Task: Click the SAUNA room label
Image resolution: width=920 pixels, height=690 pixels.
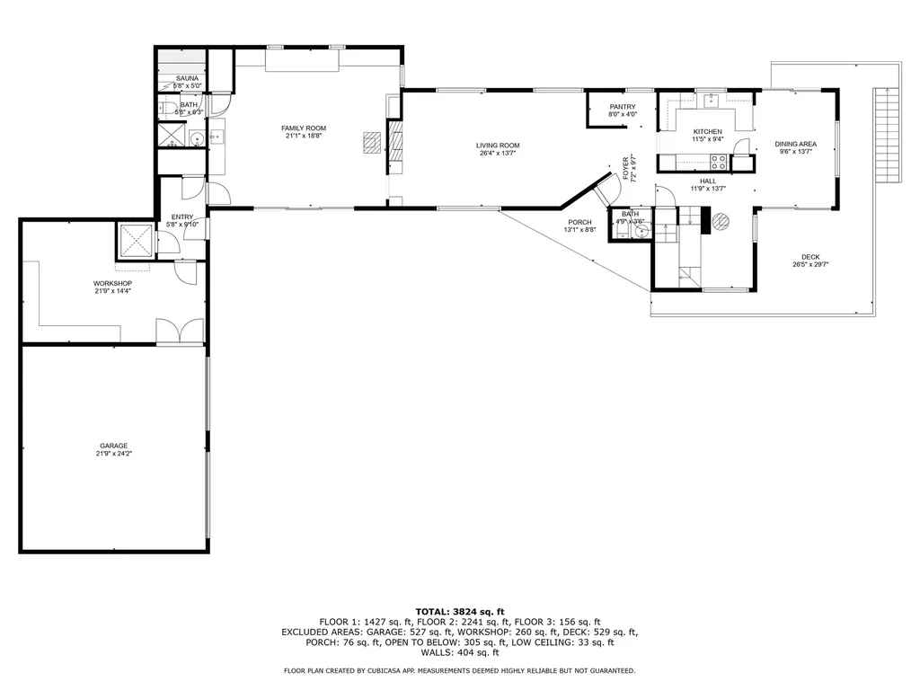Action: [187, 78]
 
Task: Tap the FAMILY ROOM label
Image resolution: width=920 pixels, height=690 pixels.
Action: [305, 128]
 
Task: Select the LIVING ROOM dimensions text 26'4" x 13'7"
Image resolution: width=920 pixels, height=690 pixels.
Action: [498, 154]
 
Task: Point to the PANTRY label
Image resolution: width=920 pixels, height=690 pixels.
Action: [623, 107]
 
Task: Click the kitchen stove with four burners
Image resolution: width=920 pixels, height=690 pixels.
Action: [719, 163]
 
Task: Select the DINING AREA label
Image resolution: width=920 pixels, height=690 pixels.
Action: [795, 144]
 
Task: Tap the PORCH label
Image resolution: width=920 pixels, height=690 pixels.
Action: [579, 222]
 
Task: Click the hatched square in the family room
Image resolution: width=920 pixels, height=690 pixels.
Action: [372, 143]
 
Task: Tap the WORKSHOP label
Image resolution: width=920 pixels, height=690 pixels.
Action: [112, 283]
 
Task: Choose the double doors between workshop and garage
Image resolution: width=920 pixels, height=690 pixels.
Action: [181, 332]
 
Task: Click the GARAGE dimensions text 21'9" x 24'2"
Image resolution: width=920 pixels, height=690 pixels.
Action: [113, 454]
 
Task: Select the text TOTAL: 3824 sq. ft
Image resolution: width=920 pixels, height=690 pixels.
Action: [460, 611]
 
